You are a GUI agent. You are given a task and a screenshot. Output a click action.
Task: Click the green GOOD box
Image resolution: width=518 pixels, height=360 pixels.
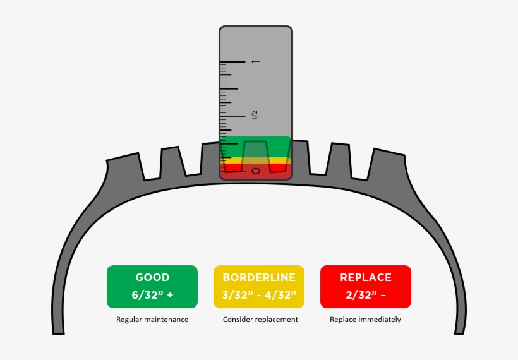point(152,286)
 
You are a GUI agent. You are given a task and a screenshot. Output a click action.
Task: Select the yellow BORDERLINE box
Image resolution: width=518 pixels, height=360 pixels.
point(259,286)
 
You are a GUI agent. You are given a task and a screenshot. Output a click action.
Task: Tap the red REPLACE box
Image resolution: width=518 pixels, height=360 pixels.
point(366,286)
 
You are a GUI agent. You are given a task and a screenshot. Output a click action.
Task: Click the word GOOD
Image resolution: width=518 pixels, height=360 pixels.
point(152,277)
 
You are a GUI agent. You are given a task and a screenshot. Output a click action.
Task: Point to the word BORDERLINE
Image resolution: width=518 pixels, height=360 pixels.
point(259,277)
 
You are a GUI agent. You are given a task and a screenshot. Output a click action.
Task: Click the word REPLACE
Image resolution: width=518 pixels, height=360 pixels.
point(366,277)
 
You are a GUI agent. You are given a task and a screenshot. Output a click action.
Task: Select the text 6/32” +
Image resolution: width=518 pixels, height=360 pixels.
point(152,295)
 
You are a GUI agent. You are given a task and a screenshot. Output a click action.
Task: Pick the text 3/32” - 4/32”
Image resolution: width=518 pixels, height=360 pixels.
point(259,295)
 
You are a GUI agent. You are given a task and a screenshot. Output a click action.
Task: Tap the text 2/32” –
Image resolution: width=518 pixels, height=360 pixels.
point(366,295)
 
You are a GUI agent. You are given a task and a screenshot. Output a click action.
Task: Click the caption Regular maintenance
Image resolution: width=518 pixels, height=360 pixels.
point(152,320)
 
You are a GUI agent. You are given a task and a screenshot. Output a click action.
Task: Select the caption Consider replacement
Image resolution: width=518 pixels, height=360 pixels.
point(260,320)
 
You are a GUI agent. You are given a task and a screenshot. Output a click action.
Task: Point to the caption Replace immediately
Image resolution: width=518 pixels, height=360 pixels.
point(365,320)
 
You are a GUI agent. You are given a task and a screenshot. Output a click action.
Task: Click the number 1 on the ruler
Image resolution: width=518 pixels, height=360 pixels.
point(255,62)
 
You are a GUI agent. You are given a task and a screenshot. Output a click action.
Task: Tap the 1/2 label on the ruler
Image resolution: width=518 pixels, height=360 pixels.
point(255,115)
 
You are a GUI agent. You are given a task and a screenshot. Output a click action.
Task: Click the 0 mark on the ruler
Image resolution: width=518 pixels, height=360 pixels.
point(255,171)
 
